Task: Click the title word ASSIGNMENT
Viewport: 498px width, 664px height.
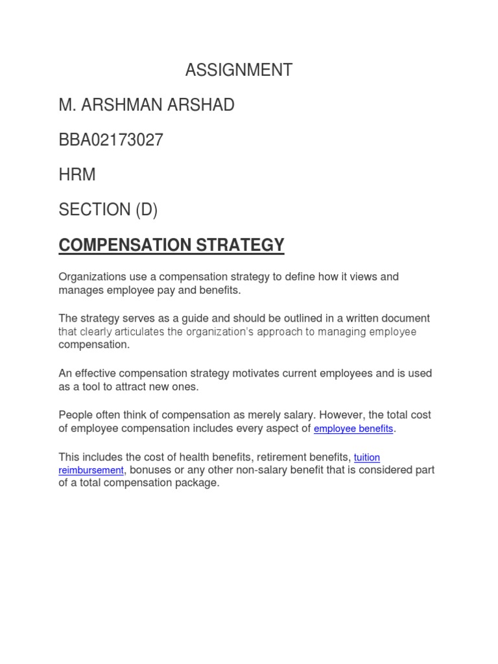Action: click(239, 70)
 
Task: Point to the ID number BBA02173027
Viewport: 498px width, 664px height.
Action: click(111, 140)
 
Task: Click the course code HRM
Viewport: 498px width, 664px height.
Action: click(77, 175)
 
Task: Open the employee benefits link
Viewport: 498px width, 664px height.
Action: click(353, 429)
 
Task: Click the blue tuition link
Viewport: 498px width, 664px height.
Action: click(366, 458)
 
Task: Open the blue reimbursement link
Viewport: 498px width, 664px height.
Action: click(91, 470)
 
